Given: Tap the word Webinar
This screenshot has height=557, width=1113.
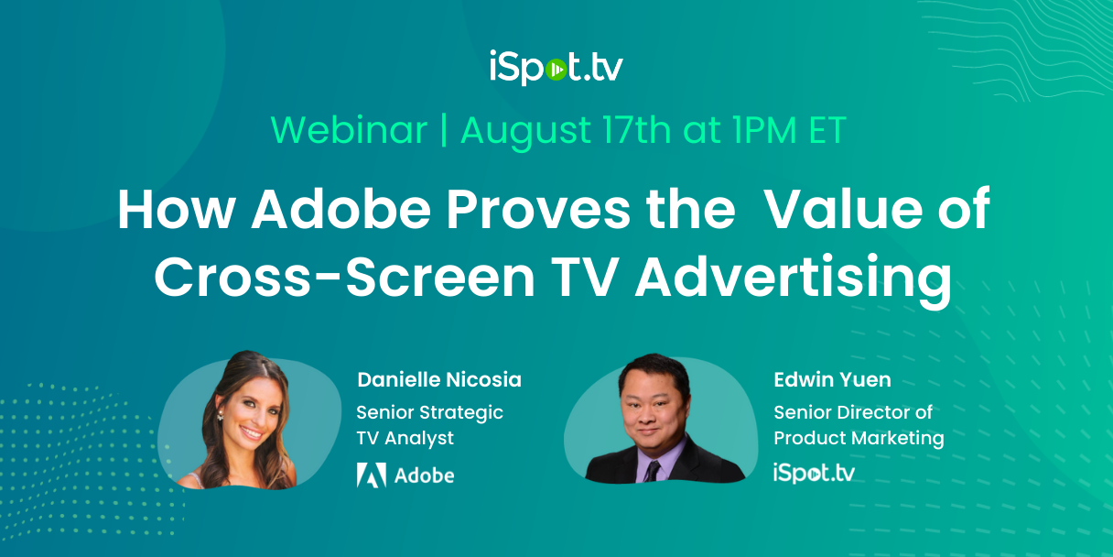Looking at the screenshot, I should [x=349, y=130].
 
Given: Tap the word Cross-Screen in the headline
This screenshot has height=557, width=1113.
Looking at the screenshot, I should [x=344, y=278].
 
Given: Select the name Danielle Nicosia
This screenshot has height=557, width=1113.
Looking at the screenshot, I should [x=439, y=379].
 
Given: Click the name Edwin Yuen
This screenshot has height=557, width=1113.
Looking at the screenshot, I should [x=832, y=379].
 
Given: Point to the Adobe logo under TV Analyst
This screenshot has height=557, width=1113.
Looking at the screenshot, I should [x=405, y=475].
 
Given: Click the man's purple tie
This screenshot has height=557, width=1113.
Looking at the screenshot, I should [x=651, y=470].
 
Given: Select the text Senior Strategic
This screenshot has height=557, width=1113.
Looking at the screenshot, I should [x=429, y=412].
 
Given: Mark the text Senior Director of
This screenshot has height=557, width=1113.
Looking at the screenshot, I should [x=853, y=412].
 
